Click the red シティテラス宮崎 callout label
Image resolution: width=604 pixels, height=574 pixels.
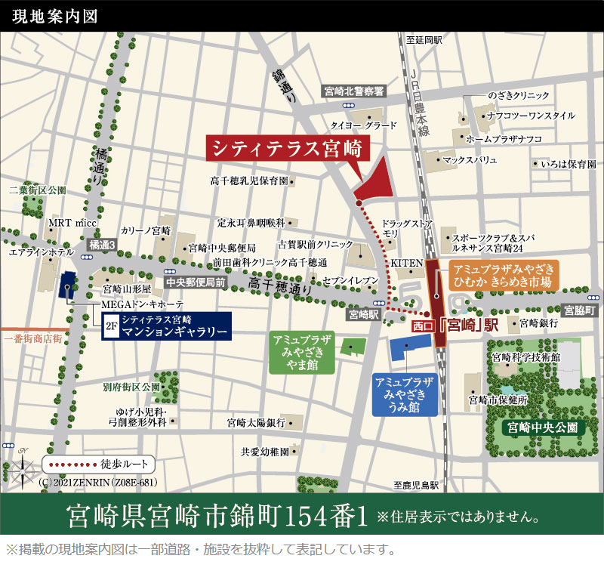[x=288, y=147]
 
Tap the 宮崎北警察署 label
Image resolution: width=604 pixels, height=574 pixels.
[x=354, y=91]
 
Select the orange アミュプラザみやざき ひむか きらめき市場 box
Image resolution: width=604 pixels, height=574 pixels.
[x=502, y=276]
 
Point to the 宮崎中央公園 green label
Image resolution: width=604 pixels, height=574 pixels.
[x=543, y=427]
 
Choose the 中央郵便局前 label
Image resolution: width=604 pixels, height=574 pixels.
[x=196, y=282]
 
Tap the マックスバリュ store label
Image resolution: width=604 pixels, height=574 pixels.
[x=470, y=160]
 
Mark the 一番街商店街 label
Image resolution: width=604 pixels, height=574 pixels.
[x=32, y=340]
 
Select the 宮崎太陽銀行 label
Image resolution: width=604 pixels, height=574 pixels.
[x=255, y=422]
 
